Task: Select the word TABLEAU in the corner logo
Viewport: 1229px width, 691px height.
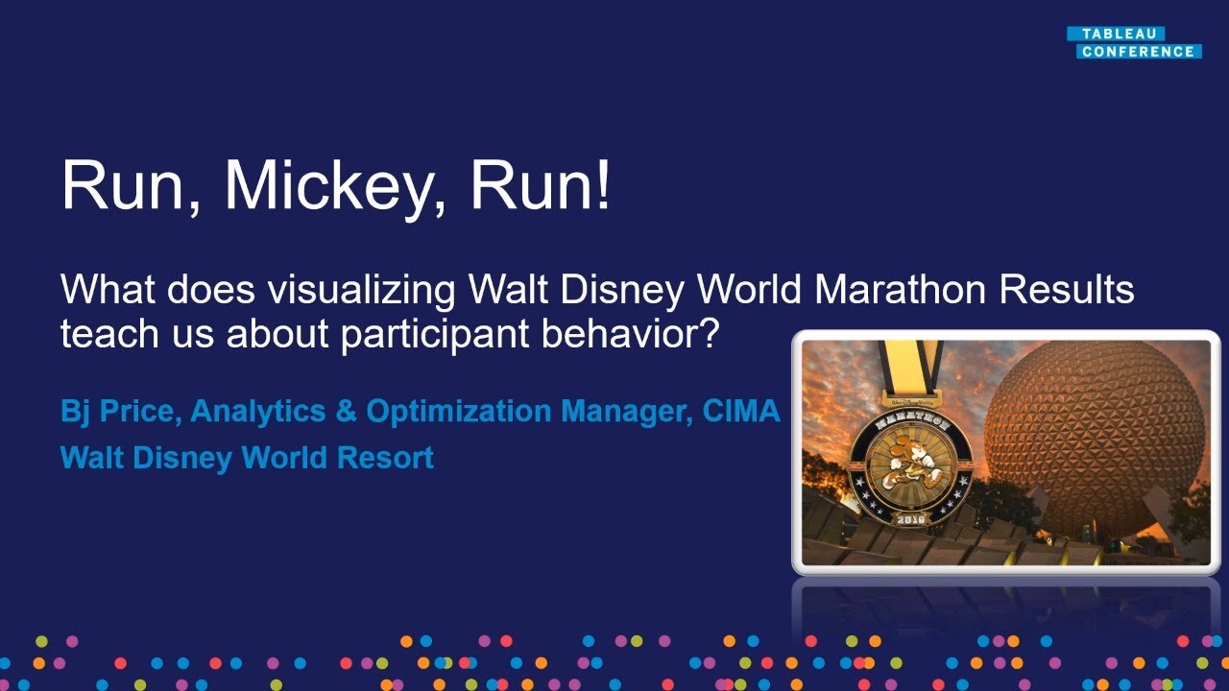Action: coord(1115,34)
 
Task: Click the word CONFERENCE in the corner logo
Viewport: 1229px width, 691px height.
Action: coord(1138,52)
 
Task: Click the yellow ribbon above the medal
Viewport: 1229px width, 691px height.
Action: coord(909,369)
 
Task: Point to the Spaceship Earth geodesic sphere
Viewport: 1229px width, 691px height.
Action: coord(1095,432)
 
